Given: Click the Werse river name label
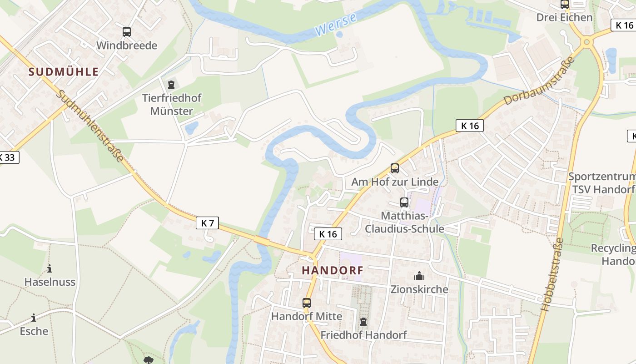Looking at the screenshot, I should point(336,25).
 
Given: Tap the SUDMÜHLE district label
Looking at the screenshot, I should point(64,71).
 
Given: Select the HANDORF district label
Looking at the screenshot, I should point(333,270).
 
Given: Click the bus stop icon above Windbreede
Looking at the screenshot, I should point(127,32).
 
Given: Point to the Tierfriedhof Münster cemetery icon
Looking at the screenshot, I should point(171,85).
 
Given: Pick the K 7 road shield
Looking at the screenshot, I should point(208,223).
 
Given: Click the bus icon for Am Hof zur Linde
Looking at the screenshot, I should point(395,168).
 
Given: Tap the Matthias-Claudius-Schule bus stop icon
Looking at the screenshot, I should point(404,202).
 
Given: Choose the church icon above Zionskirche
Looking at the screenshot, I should point(419,276).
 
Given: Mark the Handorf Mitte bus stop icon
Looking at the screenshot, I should point(307,303).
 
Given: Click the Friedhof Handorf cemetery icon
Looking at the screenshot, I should point(363,322).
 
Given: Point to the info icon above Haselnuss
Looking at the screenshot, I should point(50,268).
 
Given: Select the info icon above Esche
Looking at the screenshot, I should point(34,318).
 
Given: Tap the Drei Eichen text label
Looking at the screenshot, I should point(564,17).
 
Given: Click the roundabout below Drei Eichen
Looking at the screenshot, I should point(586,42).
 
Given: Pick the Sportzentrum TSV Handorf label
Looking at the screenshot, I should point(602,183).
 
